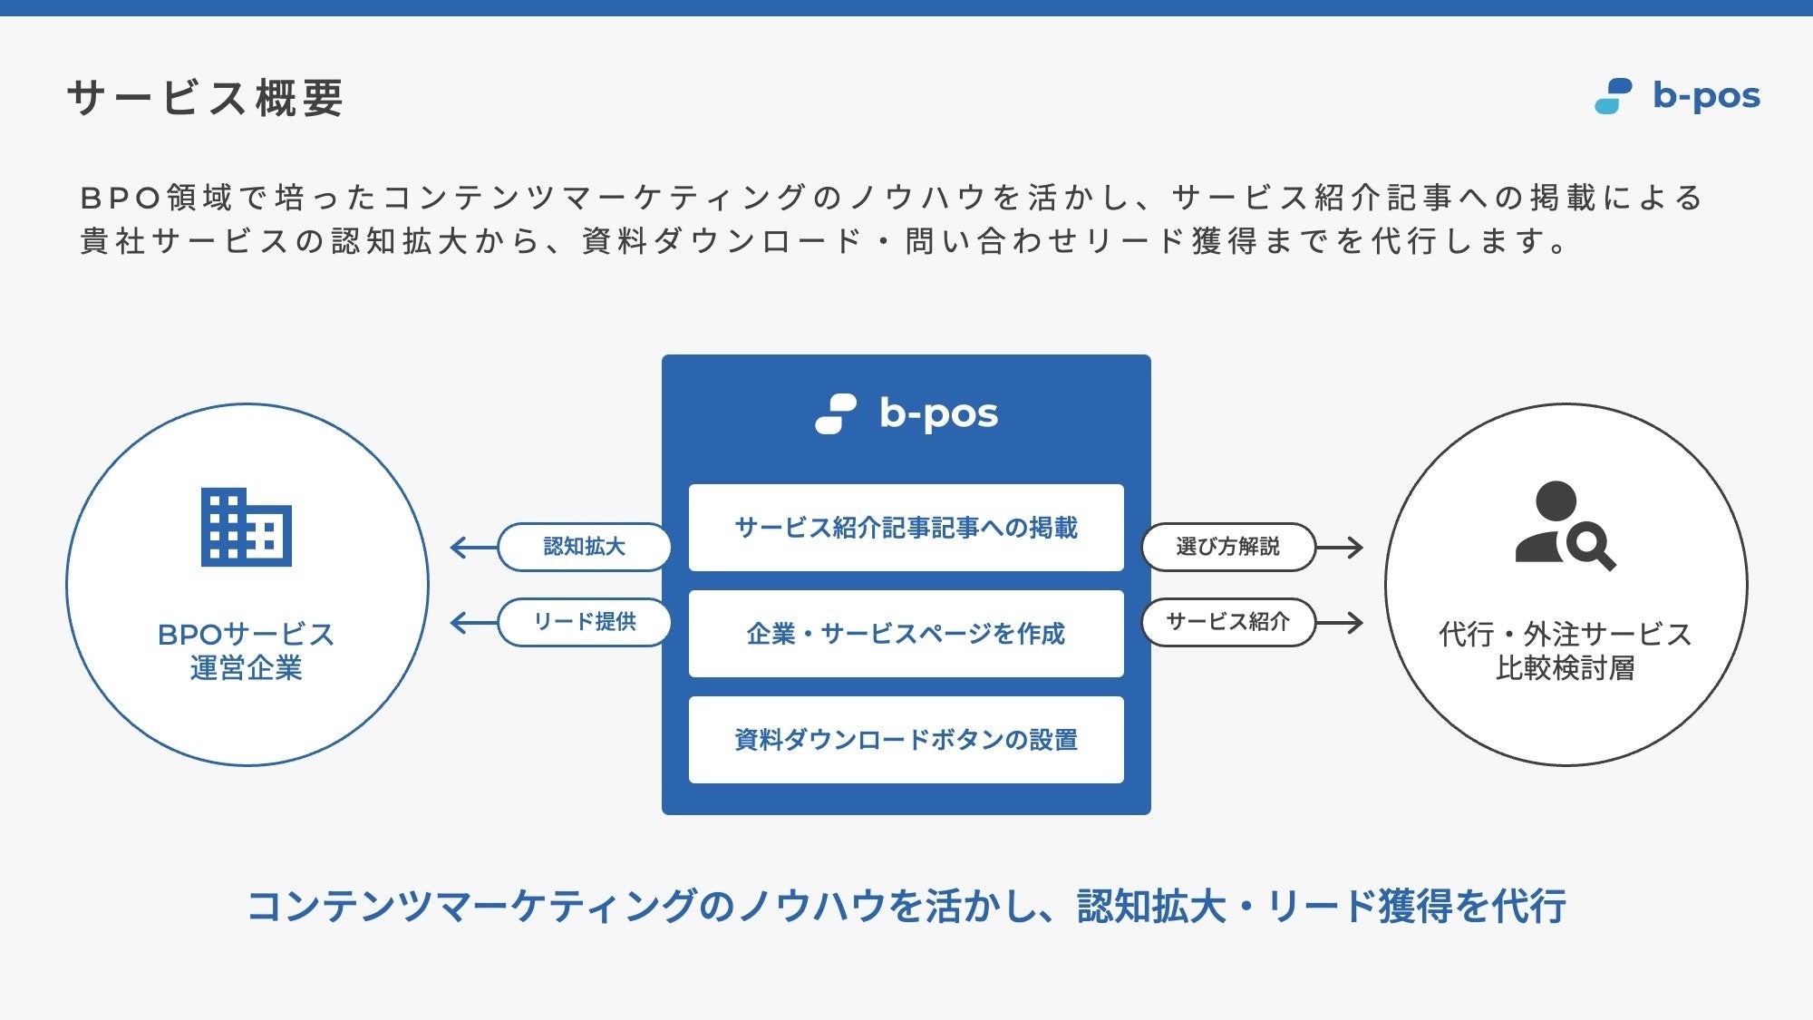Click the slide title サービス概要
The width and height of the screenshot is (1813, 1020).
(205, 98)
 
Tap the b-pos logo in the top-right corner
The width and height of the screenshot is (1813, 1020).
(1677, 96)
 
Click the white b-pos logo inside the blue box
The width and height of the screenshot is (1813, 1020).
(906, 413)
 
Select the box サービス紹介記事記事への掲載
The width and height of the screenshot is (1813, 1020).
(906, 528)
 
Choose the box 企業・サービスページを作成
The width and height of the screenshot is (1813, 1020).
(906, 634)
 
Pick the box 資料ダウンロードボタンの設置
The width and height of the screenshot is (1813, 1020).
(906, 740)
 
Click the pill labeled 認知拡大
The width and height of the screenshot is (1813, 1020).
(585, 547)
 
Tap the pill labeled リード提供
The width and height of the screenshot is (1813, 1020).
(585, 622)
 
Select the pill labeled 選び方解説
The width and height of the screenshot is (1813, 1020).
(1227, 547)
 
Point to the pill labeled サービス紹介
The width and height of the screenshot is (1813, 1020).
(1227, 622)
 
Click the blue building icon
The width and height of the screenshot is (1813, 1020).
(246, 527)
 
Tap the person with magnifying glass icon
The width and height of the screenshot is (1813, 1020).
(1565, 526)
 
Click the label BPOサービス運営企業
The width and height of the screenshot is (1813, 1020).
(246, 651)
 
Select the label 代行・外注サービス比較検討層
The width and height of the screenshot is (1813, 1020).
(1565, 651)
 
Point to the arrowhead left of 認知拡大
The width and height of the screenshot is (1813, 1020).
(459, 548)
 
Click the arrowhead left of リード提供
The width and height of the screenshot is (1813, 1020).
(459, 623)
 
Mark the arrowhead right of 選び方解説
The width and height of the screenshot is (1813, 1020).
(1354, 548)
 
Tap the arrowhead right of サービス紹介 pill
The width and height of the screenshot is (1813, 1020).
(1354, 623)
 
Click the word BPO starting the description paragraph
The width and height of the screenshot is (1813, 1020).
(120, 198)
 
